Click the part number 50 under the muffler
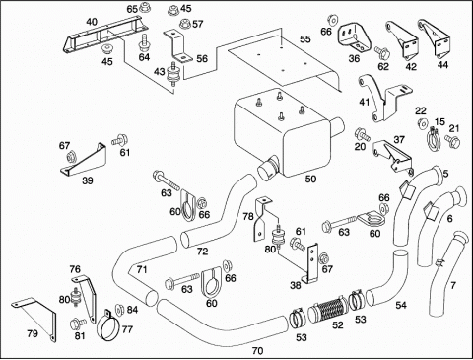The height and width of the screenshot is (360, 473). pos(310,179)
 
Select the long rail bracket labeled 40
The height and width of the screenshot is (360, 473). pos(102,36)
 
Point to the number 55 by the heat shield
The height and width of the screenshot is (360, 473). pos(304,38)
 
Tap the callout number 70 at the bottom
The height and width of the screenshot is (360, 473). pos(258,351)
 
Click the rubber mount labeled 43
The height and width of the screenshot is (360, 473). pos(171,75)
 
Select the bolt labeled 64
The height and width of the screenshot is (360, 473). pos(144,41)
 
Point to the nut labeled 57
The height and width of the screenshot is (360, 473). pos(185,24)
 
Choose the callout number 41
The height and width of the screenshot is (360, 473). pos(365,102)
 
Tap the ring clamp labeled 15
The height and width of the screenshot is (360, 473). pos(433,139)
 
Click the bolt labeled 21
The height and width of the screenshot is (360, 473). pos(452,141)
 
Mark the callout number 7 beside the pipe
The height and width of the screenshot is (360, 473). pos(453,285)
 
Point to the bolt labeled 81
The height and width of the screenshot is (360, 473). pos(78,324)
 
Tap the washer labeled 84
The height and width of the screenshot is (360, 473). pos(118,309)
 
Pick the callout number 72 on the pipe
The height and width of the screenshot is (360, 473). pos(202,252)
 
